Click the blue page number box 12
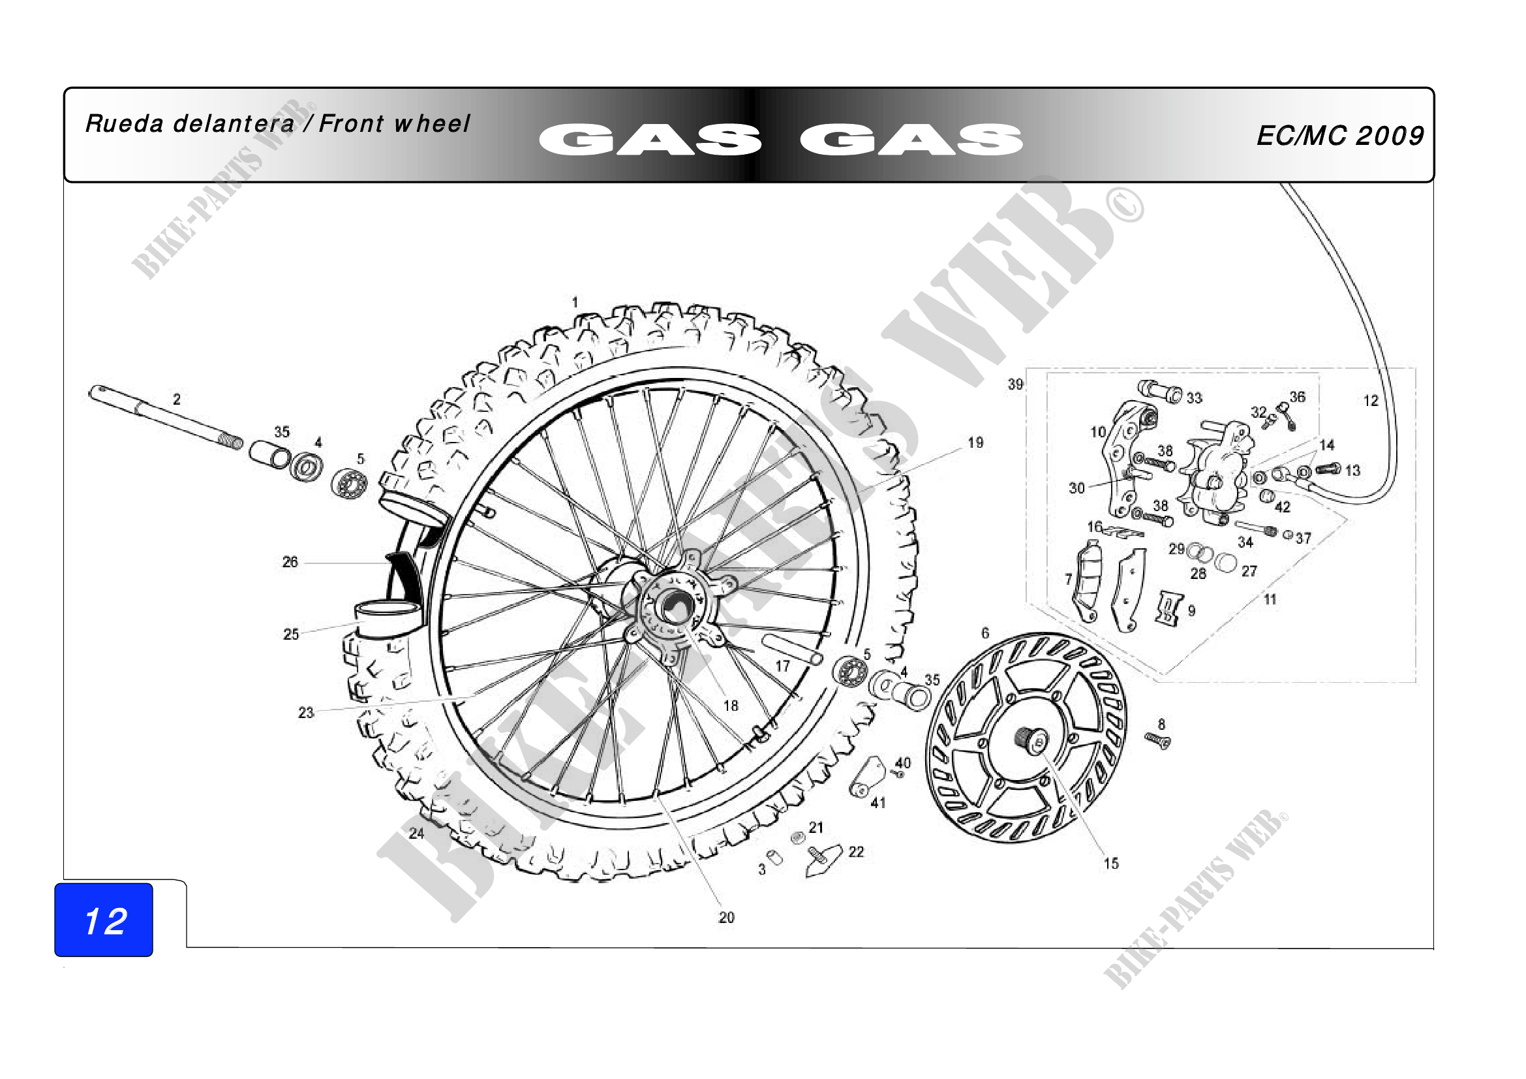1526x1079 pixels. pos(104,920)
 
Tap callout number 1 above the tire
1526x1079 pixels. pos(575,302)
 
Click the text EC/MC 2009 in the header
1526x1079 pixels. pos(1340,136)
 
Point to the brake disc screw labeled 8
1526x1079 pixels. pos(1157,741)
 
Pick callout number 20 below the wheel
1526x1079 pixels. pos(726,918)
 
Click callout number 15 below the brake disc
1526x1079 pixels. pos(1111,864)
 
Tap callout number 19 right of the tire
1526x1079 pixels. pos(975,443)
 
